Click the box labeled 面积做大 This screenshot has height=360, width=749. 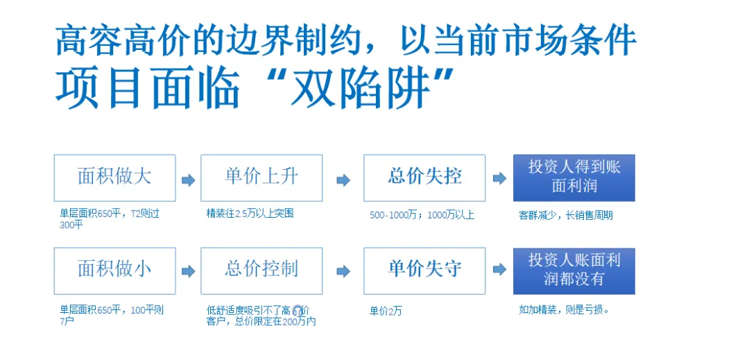tap(114, 178)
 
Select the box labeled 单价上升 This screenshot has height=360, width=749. tap(261, 178)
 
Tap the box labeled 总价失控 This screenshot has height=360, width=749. tap(424, 178)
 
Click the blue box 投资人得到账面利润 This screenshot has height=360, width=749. tap(574, 178)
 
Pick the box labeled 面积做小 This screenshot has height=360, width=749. tap(114, 271)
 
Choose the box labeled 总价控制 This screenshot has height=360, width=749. tap(261, 271)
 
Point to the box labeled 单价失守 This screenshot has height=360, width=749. tap(424, 271)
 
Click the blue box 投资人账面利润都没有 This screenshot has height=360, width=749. tap(574, 271)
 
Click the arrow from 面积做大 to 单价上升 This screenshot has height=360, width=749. tap(188, 180)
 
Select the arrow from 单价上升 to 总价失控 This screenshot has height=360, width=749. tap(343, 180)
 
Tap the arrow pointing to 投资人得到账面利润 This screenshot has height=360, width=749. tap(499, 178)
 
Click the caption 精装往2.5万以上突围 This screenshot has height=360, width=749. tap(250, 214)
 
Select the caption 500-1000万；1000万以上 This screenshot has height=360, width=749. tap(422, 215)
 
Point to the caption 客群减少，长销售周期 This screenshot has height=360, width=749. tap(565, 215)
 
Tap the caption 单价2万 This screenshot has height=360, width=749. tap(386, 311)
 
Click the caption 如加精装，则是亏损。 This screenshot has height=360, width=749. tap(564, 309)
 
